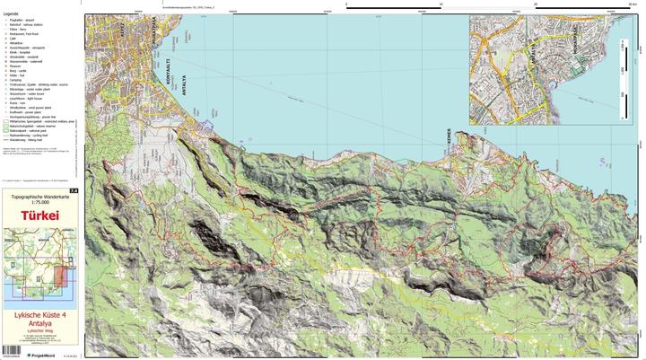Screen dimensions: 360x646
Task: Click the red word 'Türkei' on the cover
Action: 40,215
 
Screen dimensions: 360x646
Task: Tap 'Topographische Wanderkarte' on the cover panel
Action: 40,195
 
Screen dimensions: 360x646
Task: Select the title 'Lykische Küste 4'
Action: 40,315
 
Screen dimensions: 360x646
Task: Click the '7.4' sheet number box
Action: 74,190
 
